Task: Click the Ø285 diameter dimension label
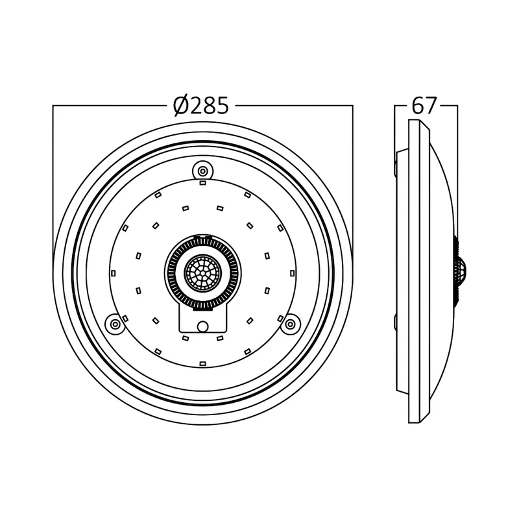pos(201,106)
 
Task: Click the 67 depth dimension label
pos(424,106)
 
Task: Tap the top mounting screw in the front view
pos(202,171)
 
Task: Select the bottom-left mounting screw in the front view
pos(115,323)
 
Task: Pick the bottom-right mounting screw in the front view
pos(290,323)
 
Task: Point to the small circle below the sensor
pos(202,326)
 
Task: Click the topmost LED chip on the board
pos(202,183)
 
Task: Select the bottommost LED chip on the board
pos(202,364)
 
